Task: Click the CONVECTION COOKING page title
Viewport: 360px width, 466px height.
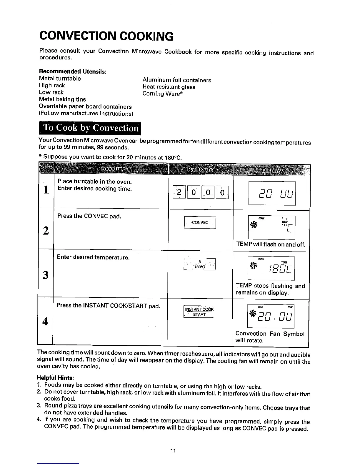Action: [x=106, y=36]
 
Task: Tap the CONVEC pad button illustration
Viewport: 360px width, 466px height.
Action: [x=200, y=222]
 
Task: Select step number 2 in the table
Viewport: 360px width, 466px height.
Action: [x=46, y=231]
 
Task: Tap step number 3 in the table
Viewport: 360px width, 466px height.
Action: [x=46, y=275]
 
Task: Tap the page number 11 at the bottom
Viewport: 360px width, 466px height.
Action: [x=173, y=450]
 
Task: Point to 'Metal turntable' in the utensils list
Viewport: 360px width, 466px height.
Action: [x=60, y=79]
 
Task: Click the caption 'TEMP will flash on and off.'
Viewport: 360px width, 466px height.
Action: [x=271, y=244]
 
